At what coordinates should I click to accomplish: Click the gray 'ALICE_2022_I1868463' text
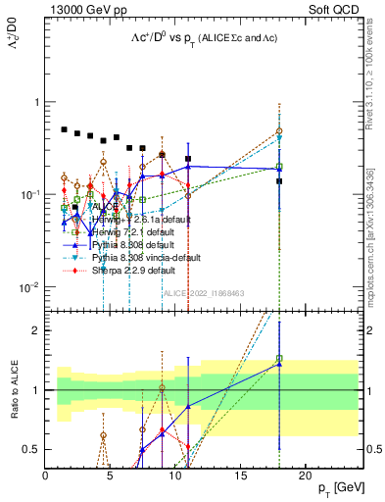click(x=203, y=292)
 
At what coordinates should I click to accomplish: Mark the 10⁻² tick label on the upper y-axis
click(x=28, y=287)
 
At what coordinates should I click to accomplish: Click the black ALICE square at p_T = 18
click(x=280, y=181)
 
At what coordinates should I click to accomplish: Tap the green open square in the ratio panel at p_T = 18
click(x=280, y=359)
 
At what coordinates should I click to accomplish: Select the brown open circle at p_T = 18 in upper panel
click(x=280, y=130)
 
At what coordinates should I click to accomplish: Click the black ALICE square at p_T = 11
click(x=188, y=158)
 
